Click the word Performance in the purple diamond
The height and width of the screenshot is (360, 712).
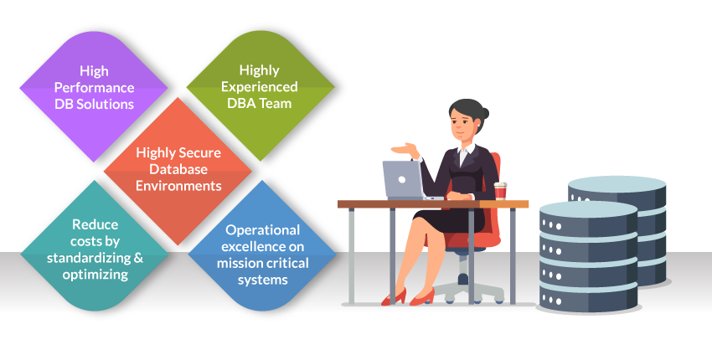(94, 88)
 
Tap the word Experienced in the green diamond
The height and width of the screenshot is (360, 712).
(260, 87)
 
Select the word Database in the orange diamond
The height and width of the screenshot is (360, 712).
(178, 169)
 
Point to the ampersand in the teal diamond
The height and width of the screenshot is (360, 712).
(138, 257)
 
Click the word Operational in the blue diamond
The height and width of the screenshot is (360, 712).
(262, 229)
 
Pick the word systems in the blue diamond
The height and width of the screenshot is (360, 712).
(262, 280)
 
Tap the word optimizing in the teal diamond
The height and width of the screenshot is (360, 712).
(95, 275)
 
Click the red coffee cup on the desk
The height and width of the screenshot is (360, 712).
(500, 191)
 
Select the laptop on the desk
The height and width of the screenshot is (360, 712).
(407, 180)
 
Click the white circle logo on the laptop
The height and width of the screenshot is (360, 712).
(401, 180)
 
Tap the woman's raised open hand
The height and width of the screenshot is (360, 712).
(405, 149)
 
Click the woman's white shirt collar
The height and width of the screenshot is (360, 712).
(466, 150)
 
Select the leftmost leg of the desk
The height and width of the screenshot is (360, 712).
(351, 255)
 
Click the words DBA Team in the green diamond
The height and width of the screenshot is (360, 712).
(260, 104)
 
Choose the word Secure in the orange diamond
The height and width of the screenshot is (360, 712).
(200, 152)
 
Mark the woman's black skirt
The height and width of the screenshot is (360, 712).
(450, 221)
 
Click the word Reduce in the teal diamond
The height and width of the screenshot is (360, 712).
(95, 224)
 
